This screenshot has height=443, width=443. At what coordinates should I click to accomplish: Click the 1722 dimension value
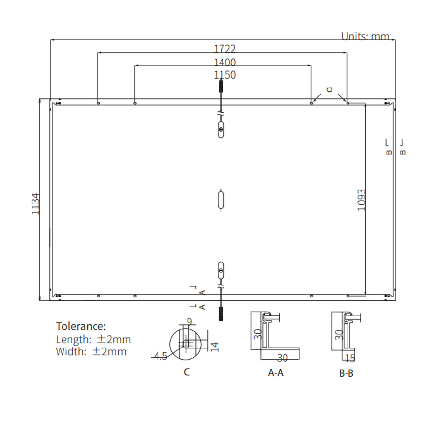(224, 49)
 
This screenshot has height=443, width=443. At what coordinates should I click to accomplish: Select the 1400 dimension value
(224, 63)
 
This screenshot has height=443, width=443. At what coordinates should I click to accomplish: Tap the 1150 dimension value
(224, 75)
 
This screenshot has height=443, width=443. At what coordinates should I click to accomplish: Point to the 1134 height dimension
(35, 204)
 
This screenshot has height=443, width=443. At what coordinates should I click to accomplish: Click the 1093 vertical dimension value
(362, 200)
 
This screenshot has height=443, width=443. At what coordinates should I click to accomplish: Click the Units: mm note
(365, 36)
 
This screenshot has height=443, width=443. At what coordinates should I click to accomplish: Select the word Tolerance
(81, 326)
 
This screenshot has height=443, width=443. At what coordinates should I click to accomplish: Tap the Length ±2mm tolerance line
(93, 339)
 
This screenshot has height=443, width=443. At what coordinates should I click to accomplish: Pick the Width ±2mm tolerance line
(91, 351)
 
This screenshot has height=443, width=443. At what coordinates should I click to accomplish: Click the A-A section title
(276, 373)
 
